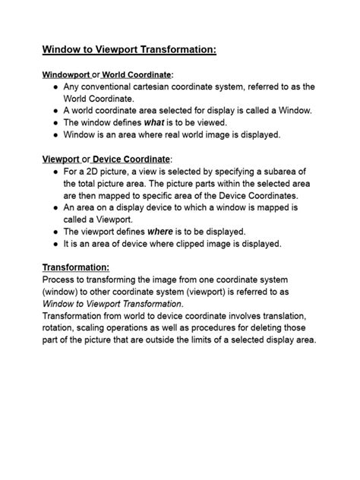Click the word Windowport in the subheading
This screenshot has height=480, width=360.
tap(65, 74)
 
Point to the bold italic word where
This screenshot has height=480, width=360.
tap(160, 231)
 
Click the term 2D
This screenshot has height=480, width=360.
tap(99, 172)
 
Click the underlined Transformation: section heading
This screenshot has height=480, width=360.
tap(76, 267)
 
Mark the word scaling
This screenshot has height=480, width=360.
tap(101, 328)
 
